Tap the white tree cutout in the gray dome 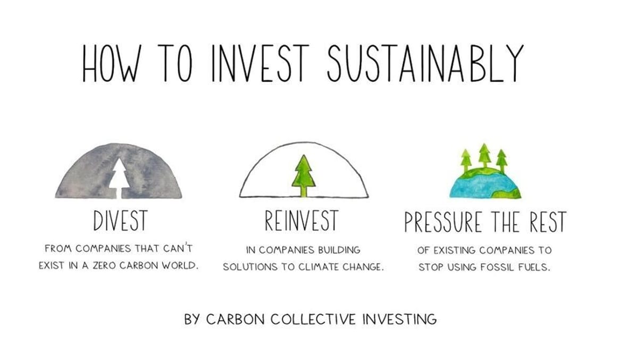pos(119,173)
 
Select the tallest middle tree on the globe pos(484,155)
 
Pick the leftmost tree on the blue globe pos(466,158)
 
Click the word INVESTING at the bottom pos(399,320)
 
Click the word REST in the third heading pos(547,222)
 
